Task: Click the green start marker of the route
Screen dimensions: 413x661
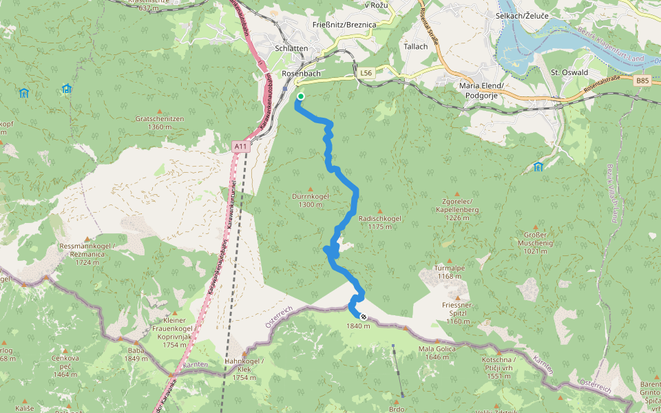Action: pyautogui.click(x=301, y=96)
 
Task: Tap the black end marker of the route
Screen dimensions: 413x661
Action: pyautogui.click(x=364, y=317)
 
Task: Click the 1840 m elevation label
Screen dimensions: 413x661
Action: pyautogui.click(x=359, y=326)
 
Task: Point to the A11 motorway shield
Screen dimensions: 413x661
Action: pyautogui.click(x=240, y=146)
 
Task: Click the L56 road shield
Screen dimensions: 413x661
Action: pyautogui.click(x=366, y=72)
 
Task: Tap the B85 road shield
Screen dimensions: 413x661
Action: pyautogui.click(x=642, y=81)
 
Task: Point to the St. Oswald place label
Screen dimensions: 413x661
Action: pyautogui.click(x=569, y=72)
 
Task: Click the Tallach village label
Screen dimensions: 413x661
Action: pyautogui.click(x=416, y=47)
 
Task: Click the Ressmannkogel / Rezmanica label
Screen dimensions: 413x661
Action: pyautogui.click(x=87, y=251)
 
